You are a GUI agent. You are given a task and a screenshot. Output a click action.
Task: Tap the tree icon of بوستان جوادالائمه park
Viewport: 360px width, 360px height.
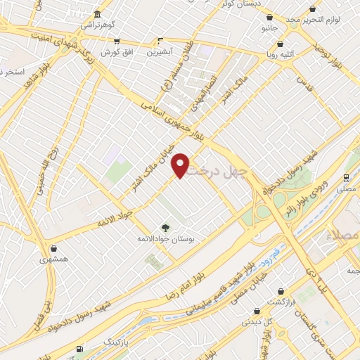click(x=165, y=227)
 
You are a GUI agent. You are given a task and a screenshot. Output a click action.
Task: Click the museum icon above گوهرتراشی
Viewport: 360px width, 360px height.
click(x=96, y=15)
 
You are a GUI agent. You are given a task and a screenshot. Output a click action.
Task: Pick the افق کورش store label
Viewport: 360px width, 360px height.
click(x=117, y=53)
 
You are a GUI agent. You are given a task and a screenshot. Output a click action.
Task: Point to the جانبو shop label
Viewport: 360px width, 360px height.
click(x=270, y=29)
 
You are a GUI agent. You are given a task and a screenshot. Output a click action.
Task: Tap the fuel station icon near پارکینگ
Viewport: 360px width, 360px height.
click(x=79, y=348)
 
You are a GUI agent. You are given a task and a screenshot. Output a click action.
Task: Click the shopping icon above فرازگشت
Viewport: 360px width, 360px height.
click(x=280, y=290)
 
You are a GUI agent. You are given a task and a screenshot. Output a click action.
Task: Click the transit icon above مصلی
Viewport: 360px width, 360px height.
click(x=345, y=177)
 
